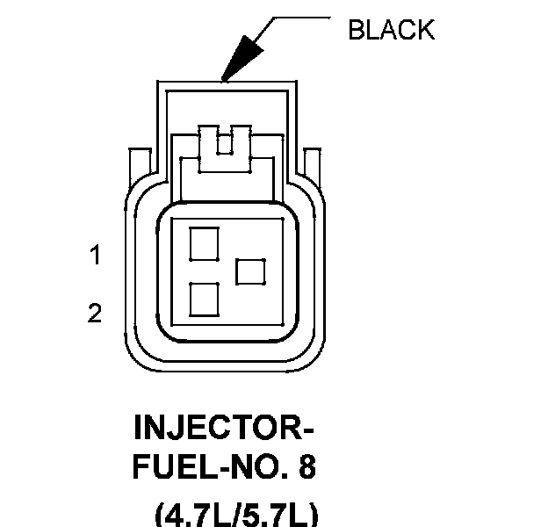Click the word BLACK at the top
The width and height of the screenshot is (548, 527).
(391, 30)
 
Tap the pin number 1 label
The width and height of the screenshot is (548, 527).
(94, 256)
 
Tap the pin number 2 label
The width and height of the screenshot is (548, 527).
(94, 313)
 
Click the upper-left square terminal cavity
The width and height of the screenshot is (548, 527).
(204, 243)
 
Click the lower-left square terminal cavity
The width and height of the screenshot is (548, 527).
(204, 300)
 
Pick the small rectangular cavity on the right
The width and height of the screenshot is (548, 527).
(251, 271)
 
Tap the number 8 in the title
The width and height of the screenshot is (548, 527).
(306, 467)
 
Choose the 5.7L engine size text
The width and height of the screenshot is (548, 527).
(272, 514)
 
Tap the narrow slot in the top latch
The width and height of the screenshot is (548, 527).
(224, 141)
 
